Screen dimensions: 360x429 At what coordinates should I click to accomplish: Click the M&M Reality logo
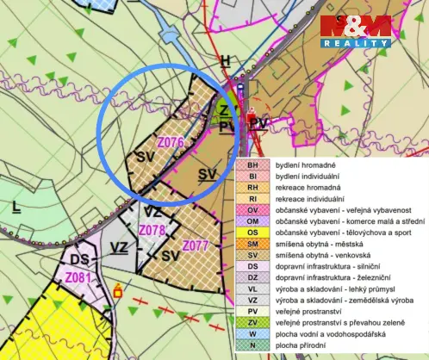tap(356, 31)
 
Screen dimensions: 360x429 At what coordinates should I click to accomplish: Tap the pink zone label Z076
tap(171, 141)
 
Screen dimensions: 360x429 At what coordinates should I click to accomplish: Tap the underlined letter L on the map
tap(16, 206)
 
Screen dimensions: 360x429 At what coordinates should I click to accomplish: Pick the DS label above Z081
tap(80, 259)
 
